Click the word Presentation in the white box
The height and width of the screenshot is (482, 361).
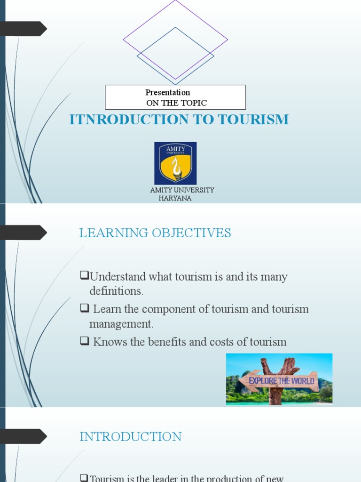click(x=168, y=93)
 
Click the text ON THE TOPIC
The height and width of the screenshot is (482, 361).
click(x=176, y=103)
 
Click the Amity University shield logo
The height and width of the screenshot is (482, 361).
click(x=175, y=163)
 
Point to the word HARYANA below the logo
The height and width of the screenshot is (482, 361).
click(x=175, y=198)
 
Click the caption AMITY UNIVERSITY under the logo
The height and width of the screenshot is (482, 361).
click(x=182, y=190)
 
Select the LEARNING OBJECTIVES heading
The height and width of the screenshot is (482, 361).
click(x=155, y=233)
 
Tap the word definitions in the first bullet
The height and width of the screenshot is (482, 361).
click(x=116, y=291)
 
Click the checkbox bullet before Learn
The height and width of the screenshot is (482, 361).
click(x=85, y=309)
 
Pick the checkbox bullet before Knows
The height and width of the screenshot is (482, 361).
click(x=85, y=342)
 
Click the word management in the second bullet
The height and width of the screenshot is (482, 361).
click(x=121, y=324)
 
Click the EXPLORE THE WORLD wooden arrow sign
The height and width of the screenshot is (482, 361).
click(x=281, y=380)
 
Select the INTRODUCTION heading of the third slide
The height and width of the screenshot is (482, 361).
click(x=131, y=437)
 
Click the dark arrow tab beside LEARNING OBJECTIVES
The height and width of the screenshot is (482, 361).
click(x=24, y=233)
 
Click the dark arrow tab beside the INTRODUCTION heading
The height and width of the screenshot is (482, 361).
click(x=24, y=436)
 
